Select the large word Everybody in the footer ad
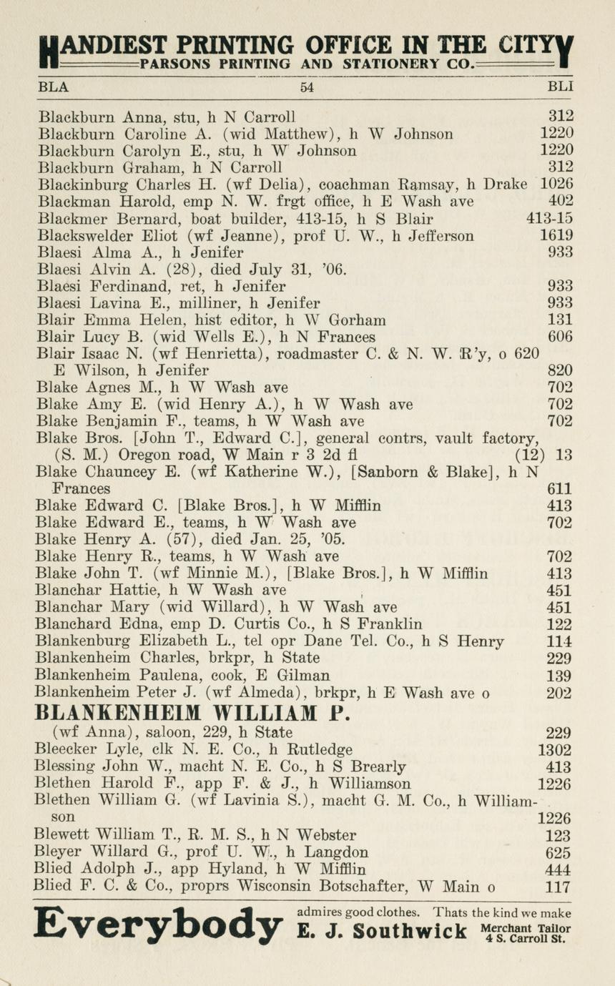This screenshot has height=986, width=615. [159, 927]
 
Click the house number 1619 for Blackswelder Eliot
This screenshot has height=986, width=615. [556, 236]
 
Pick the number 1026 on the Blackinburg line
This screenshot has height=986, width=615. [556, 184]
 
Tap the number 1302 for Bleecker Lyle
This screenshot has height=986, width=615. [554, 750]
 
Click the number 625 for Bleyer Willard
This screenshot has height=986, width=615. [559, 853]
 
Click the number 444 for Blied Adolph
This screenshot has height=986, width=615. [558, 870]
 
